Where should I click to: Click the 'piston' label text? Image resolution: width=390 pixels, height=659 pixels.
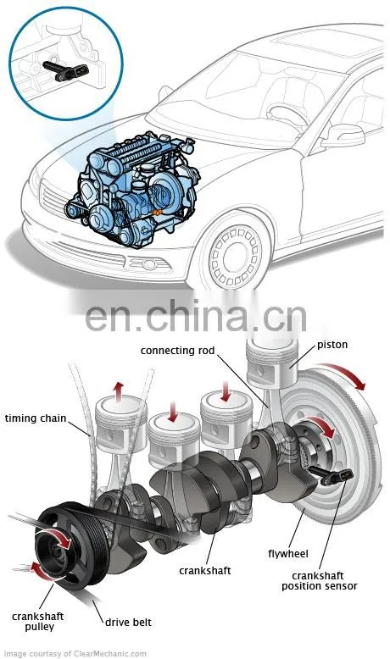332,345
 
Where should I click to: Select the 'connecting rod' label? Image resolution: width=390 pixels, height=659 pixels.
177,351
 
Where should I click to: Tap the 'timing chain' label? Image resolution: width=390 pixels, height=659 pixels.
36,418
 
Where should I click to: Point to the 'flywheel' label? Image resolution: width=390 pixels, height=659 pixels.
288,554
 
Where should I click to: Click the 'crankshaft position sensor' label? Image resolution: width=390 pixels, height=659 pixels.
320,581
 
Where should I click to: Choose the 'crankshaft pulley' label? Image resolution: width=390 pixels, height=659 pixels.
38,622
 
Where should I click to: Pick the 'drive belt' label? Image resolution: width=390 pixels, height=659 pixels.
128,623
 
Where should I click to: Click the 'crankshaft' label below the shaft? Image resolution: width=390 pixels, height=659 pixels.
205,571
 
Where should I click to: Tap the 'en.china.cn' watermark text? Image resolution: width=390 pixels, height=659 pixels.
196,316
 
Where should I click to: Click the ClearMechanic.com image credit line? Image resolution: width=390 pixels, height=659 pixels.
75,654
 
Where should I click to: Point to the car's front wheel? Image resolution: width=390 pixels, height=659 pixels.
235,256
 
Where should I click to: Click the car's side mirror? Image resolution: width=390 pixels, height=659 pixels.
343,136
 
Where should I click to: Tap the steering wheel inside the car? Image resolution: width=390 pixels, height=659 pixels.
288,114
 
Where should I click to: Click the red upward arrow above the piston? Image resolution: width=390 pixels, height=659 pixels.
120,391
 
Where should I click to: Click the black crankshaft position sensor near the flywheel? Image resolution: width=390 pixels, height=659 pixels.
331,475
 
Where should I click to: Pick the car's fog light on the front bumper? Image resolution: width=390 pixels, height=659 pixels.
149,264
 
